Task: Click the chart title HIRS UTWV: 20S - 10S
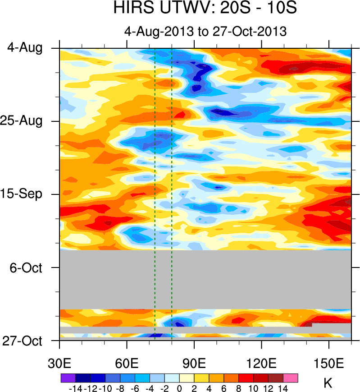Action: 205,9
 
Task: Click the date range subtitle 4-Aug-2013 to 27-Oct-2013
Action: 205,32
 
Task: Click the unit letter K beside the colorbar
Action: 328,383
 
